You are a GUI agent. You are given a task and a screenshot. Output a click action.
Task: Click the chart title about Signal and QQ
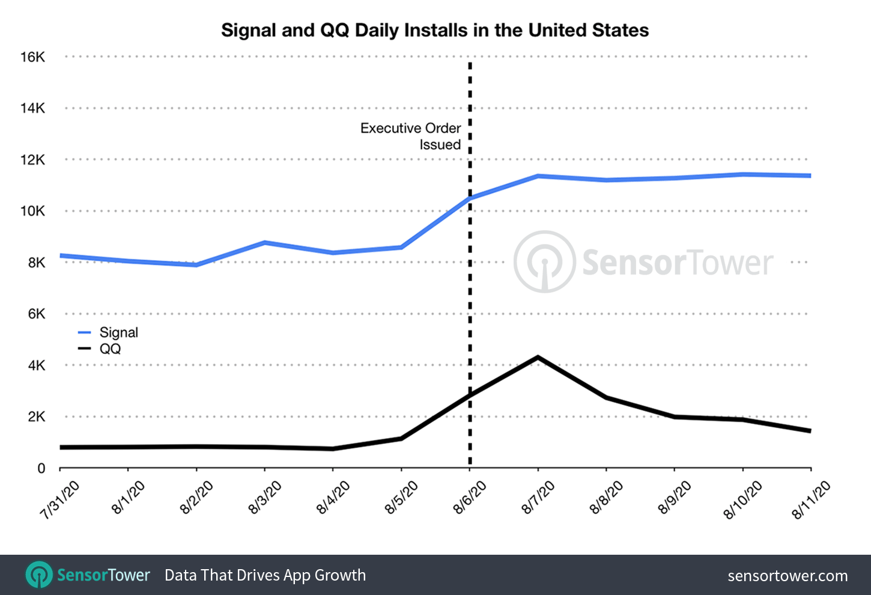pos(435,30)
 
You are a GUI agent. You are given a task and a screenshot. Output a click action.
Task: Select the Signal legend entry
pos(118,332)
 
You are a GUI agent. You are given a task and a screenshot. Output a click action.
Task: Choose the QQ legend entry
pos(110,349)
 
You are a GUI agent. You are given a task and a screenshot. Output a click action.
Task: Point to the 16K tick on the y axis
pos(32,57)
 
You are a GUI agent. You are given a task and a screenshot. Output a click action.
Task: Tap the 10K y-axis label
pos(32,211)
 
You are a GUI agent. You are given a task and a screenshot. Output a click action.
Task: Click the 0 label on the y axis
pos(41,468)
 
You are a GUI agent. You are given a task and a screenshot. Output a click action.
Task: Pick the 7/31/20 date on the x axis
pos(60,500)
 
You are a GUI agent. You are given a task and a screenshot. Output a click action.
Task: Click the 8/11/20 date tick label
pos(811,500)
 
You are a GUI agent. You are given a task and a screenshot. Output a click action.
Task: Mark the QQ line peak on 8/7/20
pos(538,357)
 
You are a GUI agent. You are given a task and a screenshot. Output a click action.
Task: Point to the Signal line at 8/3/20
pos(265,242)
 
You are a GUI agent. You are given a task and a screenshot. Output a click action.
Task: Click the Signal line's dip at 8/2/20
pos(196,264)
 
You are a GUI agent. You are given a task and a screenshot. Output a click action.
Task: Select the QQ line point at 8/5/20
pos(401,439)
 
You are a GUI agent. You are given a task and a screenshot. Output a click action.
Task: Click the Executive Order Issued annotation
pos(411,136)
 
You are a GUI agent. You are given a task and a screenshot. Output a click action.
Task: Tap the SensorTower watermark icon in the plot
pos(544,262)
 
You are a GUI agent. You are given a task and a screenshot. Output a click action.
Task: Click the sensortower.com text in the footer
pos(788,576)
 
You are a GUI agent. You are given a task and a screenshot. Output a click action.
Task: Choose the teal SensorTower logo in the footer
pos(40,575)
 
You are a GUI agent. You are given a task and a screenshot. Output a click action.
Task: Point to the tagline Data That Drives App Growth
pos(265,575)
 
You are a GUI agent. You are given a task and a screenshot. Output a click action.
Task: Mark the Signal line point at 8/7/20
pos(538,176)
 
